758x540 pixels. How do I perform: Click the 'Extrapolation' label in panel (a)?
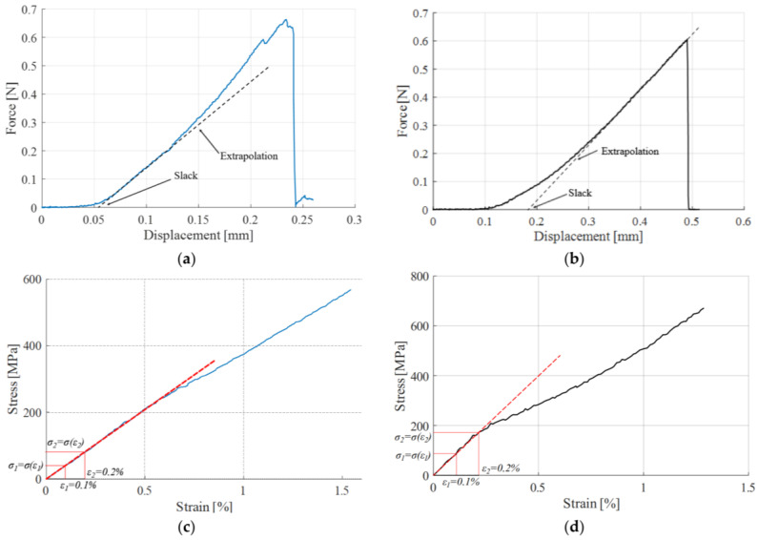point(250,156)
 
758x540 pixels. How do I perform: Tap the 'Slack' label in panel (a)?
point(187,177)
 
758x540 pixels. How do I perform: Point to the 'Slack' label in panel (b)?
point(580,193)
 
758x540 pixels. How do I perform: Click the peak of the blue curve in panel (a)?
point(285,20)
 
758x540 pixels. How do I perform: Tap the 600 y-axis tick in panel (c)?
point(31,280)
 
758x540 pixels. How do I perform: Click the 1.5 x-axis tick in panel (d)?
point(747,487)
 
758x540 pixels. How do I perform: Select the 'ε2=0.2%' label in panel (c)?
point(105,471)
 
